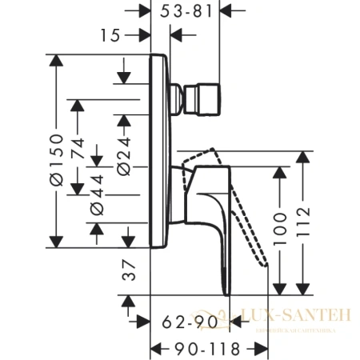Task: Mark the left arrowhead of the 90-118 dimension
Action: (x=156, y=349)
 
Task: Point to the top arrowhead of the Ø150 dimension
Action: (x=56, y=59)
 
